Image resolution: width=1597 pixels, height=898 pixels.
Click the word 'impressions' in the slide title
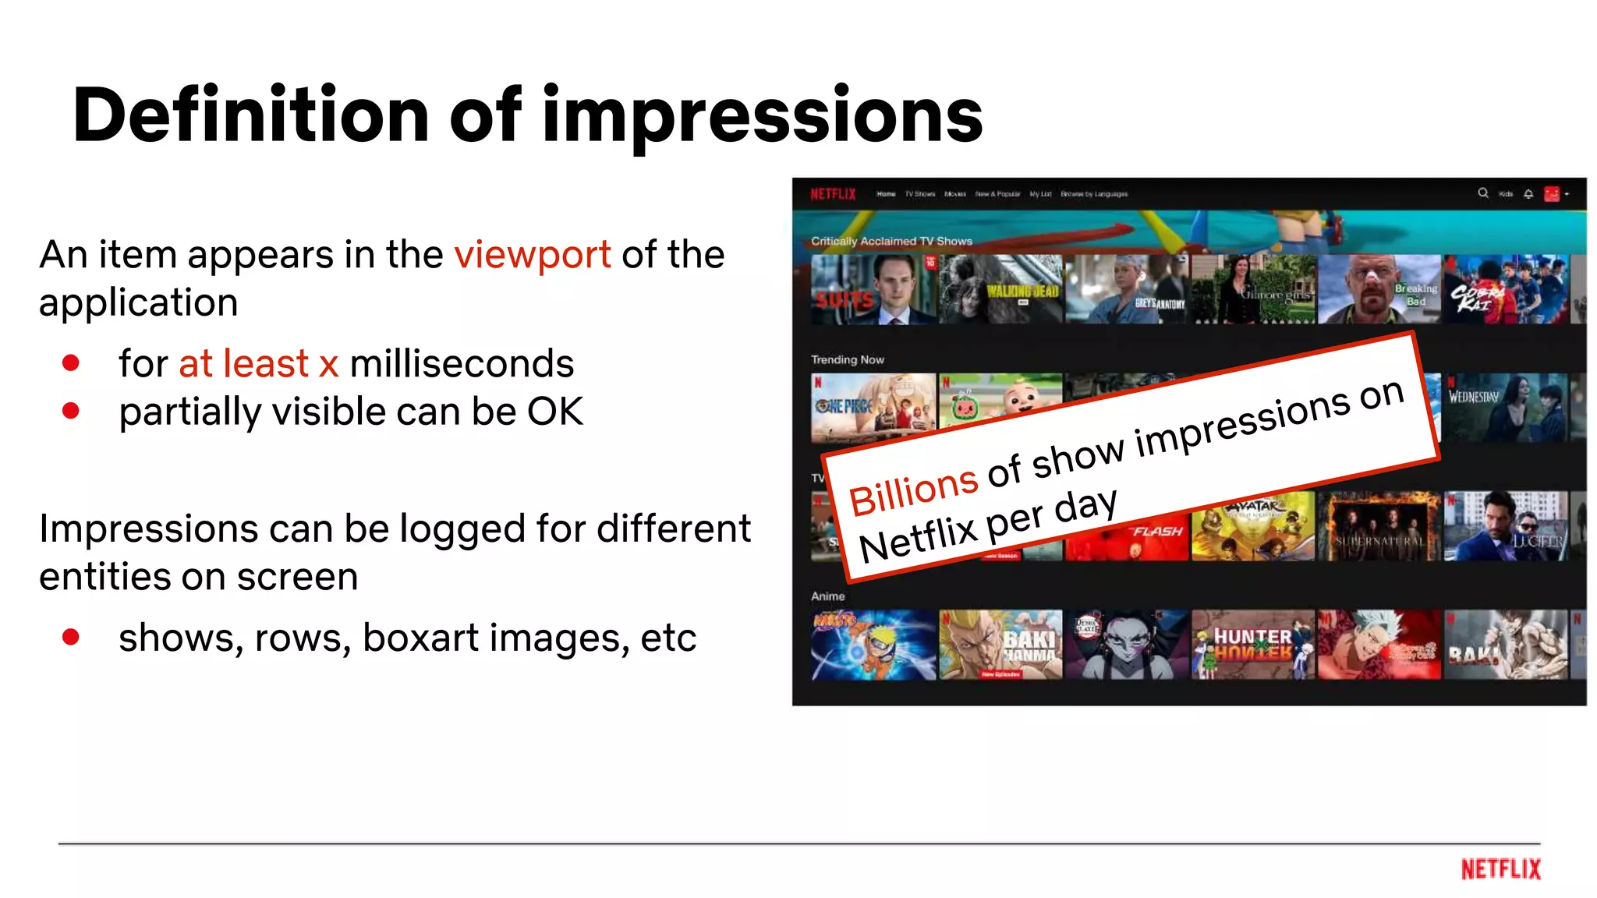click(x=762, y=117)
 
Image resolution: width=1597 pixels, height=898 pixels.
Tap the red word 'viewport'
click(x=533, y=256)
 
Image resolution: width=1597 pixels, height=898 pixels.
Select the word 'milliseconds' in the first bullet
click(x=462, y=364)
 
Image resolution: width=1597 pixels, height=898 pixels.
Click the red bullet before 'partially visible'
click(x=71, y=411)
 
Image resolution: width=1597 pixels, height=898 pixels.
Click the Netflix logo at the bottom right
click(x=1500, y=869)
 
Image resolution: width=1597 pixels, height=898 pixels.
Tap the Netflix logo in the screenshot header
click(x=833, y=194)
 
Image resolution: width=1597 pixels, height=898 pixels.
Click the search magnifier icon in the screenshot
click(x=1482, y=193)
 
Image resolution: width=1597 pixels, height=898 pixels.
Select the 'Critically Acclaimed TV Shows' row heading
click(x=891, y=242)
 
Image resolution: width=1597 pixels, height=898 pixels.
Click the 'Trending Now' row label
click(x=847, y=360)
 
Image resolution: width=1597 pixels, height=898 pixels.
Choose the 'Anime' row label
click(x=827, y=596)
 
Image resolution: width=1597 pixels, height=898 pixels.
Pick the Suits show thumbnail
click(x=873, y=289)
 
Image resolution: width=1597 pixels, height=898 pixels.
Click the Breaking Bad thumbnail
click(x=1379, y=289)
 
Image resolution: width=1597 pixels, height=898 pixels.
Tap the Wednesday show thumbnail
click(x=1505, y=408)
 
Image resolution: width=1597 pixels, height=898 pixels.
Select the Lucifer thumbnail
click(x=1505, y=526)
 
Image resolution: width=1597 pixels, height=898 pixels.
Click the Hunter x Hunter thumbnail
click(x=1252, y=645)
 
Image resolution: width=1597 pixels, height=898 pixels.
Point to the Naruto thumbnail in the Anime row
click(x=873, y=645)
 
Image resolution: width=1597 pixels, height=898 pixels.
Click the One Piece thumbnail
click(x=873, y=408)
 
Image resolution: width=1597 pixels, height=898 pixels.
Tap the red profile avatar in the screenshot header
click(x=1551, y=194)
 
